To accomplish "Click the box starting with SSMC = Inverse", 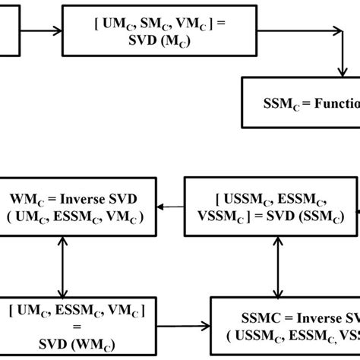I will point(286,324).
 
